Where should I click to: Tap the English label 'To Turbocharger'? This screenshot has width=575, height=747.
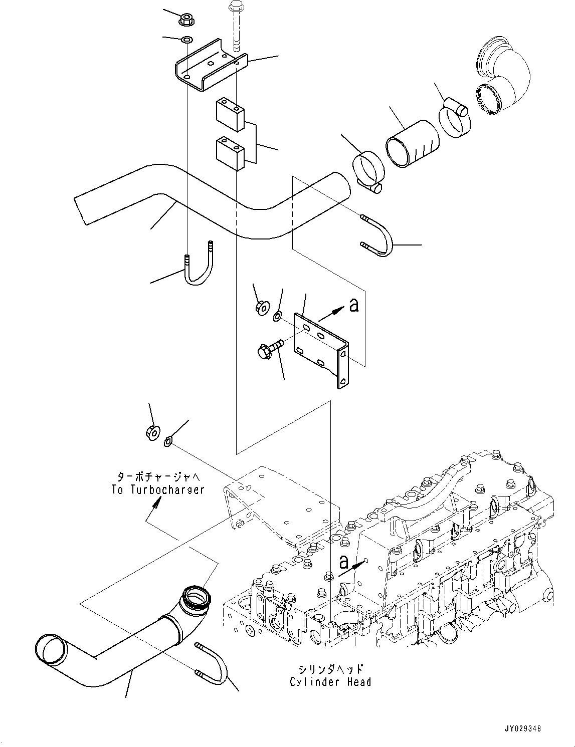pos(158,489)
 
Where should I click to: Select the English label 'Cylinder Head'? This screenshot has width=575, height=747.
pos(330,681)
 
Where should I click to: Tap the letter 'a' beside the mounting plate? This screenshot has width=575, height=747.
pos(354,305)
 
